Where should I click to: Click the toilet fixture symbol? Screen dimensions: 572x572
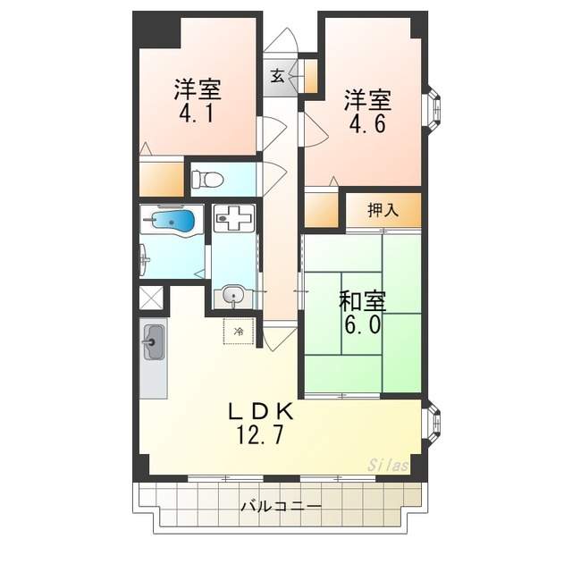pyautogui.click(x=207, y=180)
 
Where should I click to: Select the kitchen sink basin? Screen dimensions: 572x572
pyautogui.click(x=153, y=342)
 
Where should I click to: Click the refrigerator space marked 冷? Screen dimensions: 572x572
pyautogui.click(x=239, y=332)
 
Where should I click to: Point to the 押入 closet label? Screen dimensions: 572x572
pyautogui.click(x=383, y=211)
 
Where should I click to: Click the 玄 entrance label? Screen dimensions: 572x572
pyautogui.click(x=278, y=76)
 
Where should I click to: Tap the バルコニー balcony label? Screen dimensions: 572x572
pyautogui.click(x=281, y=507)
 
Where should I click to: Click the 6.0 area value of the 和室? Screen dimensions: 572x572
pyautogui.click(x=364, y=324)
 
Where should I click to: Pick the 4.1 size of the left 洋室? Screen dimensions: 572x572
pyautogui.click(x=197, y=114)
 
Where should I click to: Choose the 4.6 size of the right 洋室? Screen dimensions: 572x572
pyautogui.click(x=367, y=124)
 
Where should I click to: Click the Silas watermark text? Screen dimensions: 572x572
pyautogui.click(x=388, y=466)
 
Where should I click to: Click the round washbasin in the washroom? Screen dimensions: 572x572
pyautogui.click(x=232, y=294)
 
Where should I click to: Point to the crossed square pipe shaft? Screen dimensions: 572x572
pyautogui.click(x=151, y=298)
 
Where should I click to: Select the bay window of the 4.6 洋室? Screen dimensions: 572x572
pyautogui.click(x=432, y=108)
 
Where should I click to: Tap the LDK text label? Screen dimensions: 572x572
pyautogui.click(x=260, y=412)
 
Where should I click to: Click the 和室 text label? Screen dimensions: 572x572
pyautogui.click(x=363, y=301)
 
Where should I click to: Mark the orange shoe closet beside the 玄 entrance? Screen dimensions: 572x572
pyautogui.click(x=310, y=76)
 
